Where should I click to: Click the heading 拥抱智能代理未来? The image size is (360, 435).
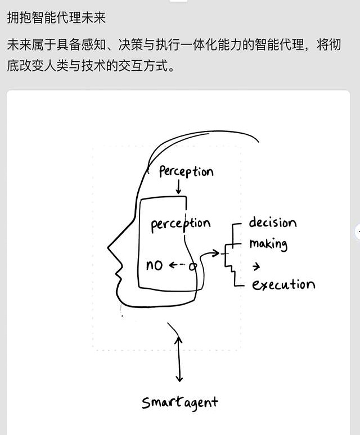coord(56,17)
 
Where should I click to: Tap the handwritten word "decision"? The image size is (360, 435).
coord(272,223)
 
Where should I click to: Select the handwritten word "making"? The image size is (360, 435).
coord(268,244)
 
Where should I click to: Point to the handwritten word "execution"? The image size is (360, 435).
coord(283,284)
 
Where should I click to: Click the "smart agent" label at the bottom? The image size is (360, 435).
coord(179,402)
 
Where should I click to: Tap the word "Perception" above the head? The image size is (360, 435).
coord(186,171)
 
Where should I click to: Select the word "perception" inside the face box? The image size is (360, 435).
coord(180,224)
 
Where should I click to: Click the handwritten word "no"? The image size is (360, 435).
coord(154,265)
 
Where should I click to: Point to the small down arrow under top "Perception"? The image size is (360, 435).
coord(178,188)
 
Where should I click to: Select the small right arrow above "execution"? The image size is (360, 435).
coord(256,266)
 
